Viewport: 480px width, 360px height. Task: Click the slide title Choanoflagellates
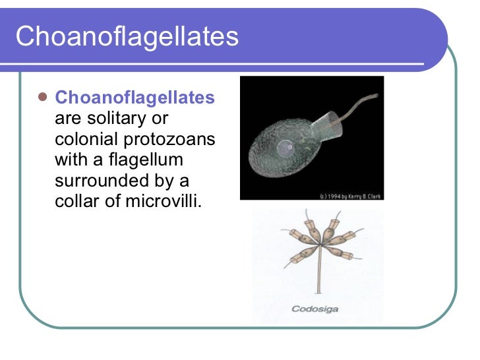pyautogui.click(x=127, y=36)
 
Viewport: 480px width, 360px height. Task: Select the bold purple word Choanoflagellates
pyautogui.click(x=135, y=98)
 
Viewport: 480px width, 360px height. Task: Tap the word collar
pyautogui.click(x=75, y=200)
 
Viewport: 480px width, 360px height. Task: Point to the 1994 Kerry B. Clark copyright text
pyautogui.click(x=350, y=196)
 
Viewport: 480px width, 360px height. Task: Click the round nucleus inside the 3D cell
pyautogui.click(x=284, y=148)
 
